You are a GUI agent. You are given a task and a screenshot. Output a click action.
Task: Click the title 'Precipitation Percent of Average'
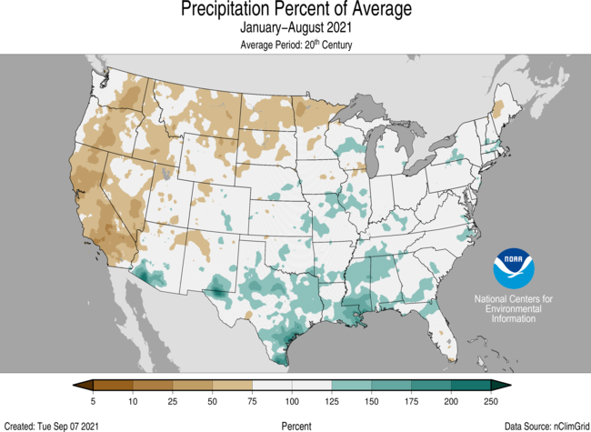[295, 10]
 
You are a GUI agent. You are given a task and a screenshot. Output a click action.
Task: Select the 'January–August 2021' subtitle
[295, 28]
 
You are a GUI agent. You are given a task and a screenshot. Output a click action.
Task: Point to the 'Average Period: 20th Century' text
[295, 45]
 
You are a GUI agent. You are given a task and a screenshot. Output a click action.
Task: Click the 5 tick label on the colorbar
[93, 401]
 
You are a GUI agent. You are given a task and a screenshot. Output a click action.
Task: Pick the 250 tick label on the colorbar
[491, 401]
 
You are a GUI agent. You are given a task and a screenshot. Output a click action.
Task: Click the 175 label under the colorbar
[412, 401]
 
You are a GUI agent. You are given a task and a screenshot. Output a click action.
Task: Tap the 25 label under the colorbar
[173, 401]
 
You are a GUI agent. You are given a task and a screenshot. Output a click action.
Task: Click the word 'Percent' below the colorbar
[296, 425]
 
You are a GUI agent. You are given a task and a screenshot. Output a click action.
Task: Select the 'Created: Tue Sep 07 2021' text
[51, 425]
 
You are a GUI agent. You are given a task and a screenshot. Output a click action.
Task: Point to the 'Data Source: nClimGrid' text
[544, 425]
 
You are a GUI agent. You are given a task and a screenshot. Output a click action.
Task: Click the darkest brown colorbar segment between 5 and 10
[113, 387]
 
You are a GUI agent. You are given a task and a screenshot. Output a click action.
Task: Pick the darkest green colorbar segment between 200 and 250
[471, 387]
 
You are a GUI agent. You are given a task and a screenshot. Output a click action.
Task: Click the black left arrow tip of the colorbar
[79, 387]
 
